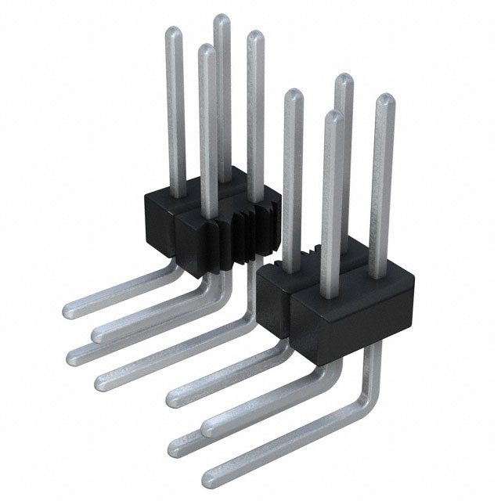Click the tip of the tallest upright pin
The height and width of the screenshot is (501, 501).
(x=222, y=19)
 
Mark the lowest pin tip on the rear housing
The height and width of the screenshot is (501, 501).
(x=206, y=49)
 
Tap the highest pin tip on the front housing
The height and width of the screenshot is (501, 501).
(x=342, y=78)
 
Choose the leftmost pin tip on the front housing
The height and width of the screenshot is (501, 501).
(x=292, y=95)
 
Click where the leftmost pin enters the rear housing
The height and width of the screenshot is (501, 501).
(x=175, y=195)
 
